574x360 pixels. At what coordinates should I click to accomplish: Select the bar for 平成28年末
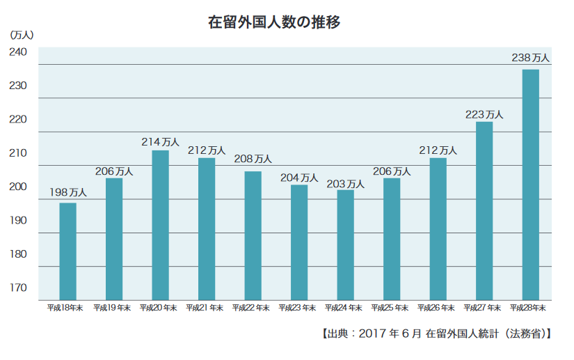[x=530, y=185]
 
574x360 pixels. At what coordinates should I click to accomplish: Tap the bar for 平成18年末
[x=67, y=251]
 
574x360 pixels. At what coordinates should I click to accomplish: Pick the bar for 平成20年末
[x=160, y=225]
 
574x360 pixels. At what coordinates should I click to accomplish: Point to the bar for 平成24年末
[x=345, y=244]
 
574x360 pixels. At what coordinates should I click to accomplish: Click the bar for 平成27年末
[x=484, y=211]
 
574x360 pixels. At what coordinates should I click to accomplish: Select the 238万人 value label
[x=530, y=58]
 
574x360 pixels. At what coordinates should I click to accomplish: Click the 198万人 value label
[x=67, y=192]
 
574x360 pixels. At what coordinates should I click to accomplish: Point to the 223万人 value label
[x=484, y=114]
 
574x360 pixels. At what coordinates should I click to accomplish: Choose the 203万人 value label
[x=345, y=183]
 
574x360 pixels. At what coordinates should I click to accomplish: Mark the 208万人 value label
[x=253, y=159]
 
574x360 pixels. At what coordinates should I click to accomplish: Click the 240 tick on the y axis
[x=18, y=52]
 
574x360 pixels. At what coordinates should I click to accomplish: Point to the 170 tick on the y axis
[x=18, y=288]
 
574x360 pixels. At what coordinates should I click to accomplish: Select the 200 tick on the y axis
[x=18, y=187]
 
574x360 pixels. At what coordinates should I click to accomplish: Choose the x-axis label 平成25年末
[x=390, y=307]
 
